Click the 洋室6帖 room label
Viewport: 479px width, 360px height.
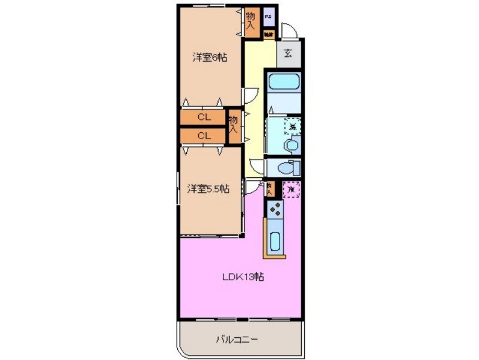click(x=210, y=58)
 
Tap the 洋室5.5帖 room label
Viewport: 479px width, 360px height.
click(x=208, y=189)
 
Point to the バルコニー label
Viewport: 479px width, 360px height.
click(x=237, y=340)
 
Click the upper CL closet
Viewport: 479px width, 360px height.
click(x=204, y=117)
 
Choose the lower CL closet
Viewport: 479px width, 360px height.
click(x=204, y=135)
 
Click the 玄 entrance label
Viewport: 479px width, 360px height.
click(x=288, y=54)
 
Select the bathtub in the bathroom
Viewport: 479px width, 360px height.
click(x=284, y=83)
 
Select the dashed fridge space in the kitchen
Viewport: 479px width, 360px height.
click(x=292, y=189)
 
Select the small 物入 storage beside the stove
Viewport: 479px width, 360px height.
click(x=270, y=189)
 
